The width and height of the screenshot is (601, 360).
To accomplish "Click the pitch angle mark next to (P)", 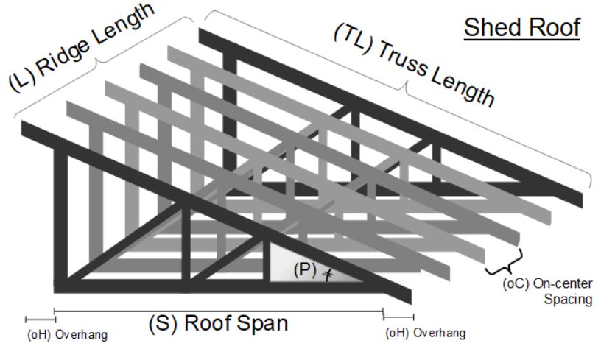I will click(x=327, y=273).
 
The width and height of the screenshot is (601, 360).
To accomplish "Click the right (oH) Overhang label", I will click(x=425, y=333).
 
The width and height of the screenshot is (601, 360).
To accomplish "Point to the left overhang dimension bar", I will click(x=40, y=319).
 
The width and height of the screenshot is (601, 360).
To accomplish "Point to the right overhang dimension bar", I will click(x=398, y=317).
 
